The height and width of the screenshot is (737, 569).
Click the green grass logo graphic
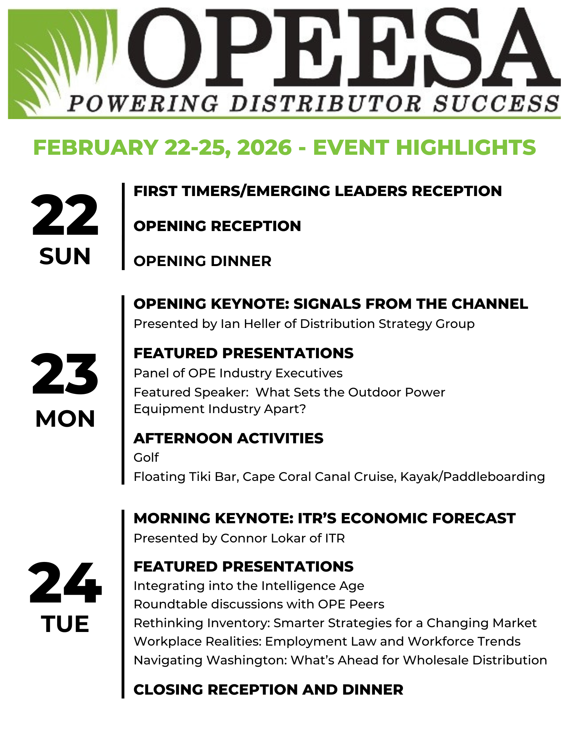[63, 63]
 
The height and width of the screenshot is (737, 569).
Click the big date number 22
[65, 215]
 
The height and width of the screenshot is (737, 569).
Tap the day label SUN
[65, 256]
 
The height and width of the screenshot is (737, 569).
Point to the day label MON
[65, 419]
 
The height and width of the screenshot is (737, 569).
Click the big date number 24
[65, 583]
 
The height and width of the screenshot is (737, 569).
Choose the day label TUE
[65, 624]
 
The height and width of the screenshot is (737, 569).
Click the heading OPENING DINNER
[203, 261]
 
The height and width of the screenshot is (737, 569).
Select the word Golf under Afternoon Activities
[146, 457]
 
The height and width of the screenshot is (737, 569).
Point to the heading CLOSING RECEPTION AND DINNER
[268, 689]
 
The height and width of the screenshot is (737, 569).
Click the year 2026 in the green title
[264, 147]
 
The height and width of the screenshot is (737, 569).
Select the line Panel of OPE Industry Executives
[238, 373]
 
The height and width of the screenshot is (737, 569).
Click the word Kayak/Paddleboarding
[473, 477]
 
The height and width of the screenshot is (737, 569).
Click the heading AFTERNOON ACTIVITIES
[228, 438]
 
